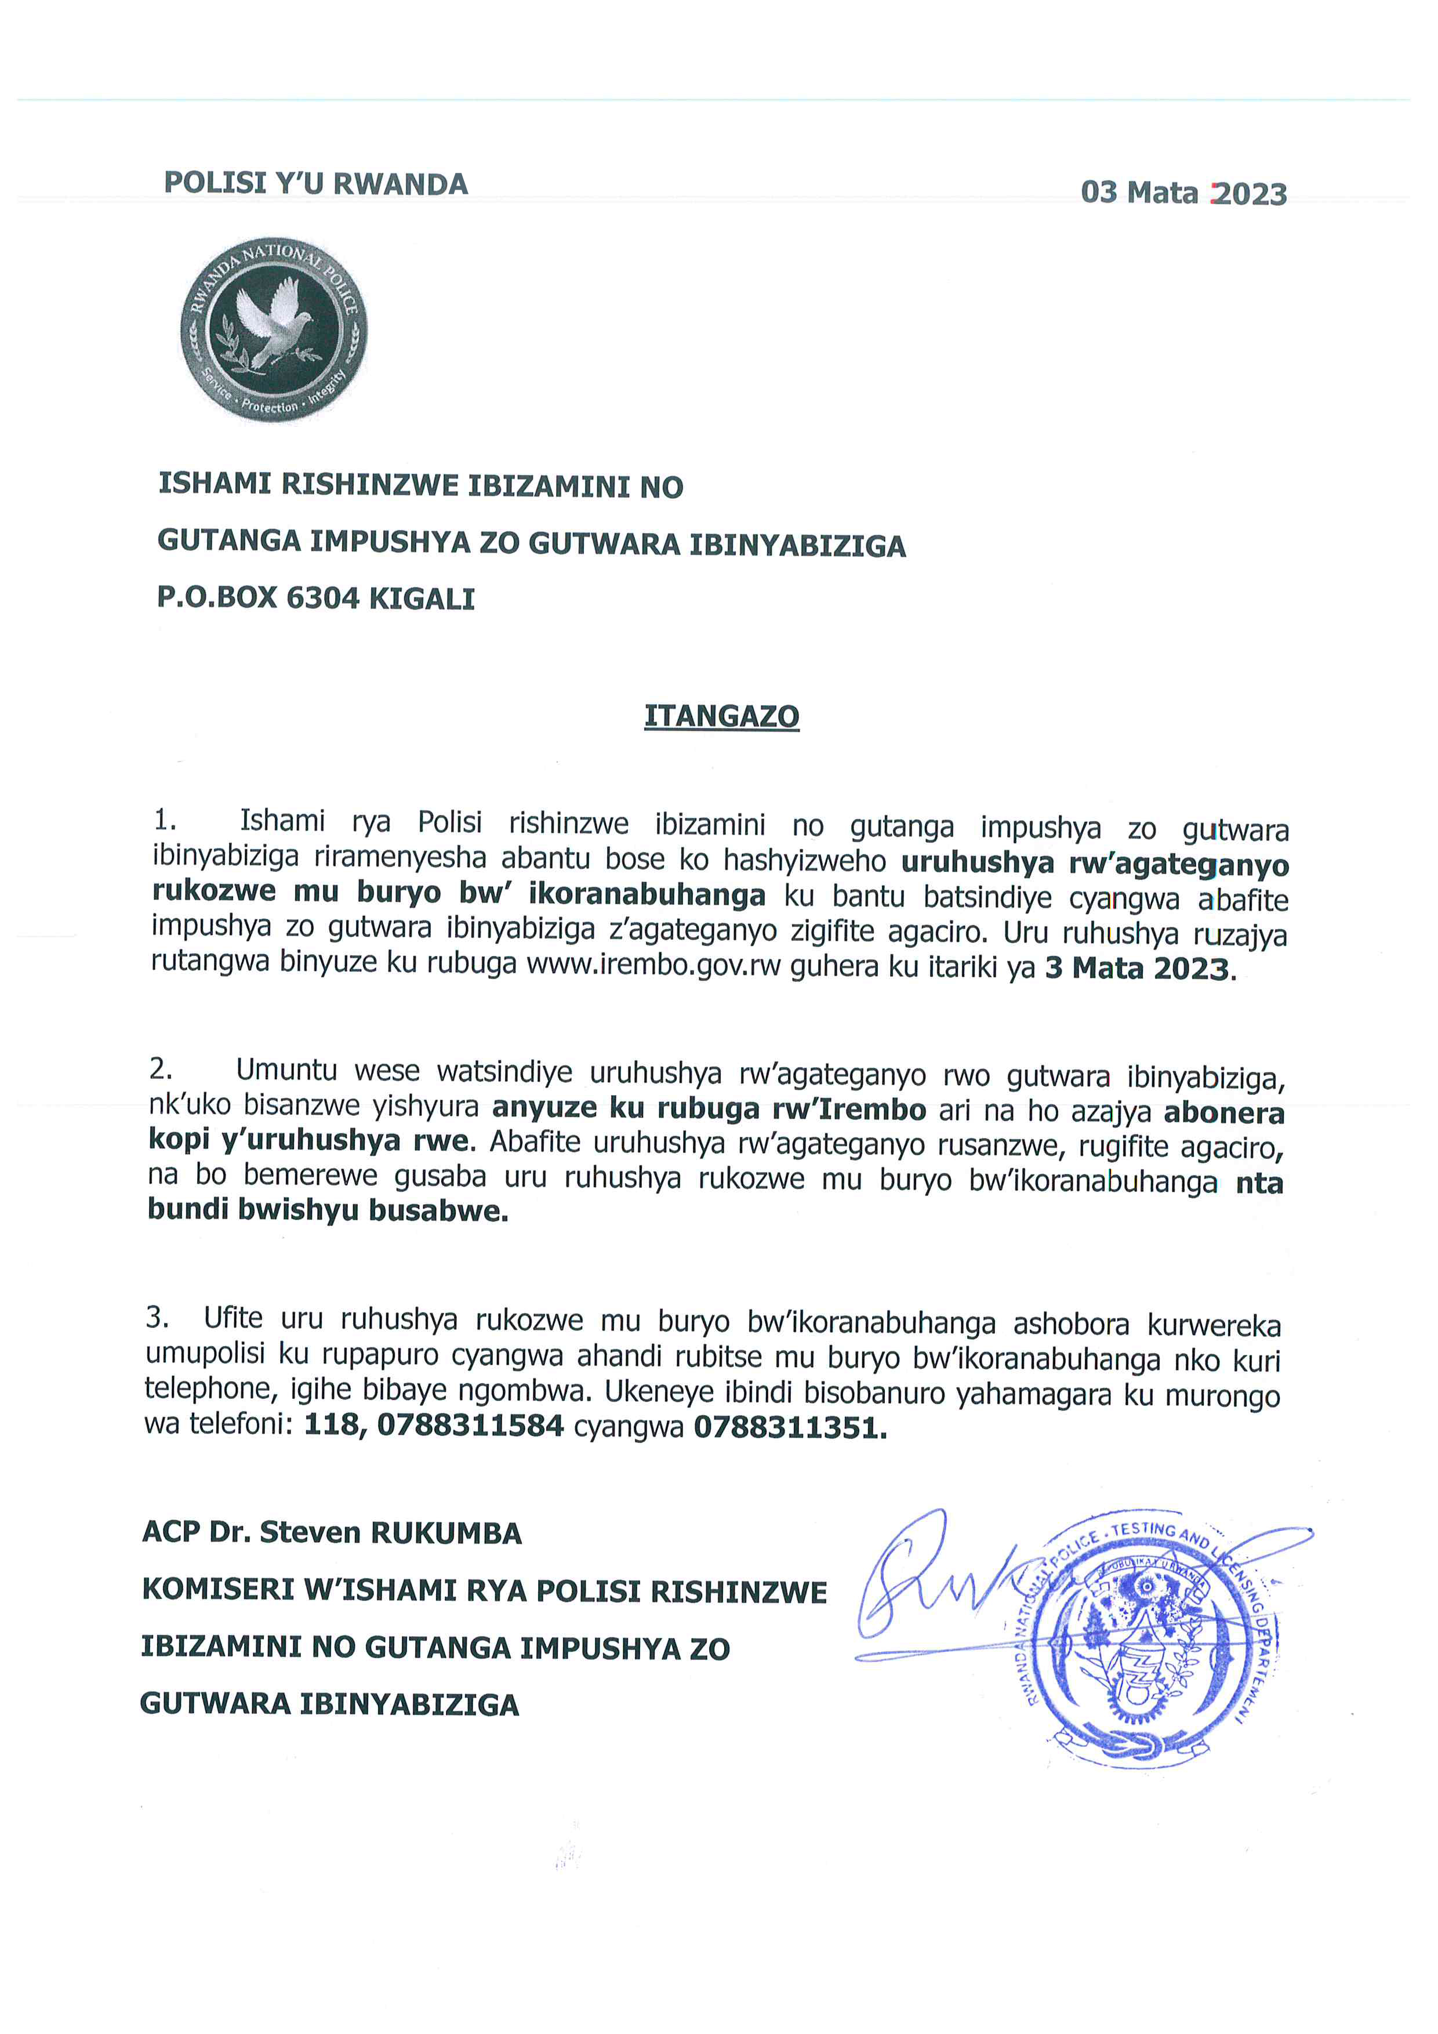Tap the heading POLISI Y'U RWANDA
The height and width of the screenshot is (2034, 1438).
[316, 183]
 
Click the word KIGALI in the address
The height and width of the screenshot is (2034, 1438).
[422, 599]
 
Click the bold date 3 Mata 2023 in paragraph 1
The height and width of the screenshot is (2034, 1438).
[1137, 968]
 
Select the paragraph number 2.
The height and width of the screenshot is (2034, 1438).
[159, 1069]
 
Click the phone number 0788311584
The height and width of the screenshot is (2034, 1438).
[470, 1426]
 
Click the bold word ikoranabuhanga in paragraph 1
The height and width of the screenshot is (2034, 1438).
[647, 895]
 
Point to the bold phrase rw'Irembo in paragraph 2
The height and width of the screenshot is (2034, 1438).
[848, 1108]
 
